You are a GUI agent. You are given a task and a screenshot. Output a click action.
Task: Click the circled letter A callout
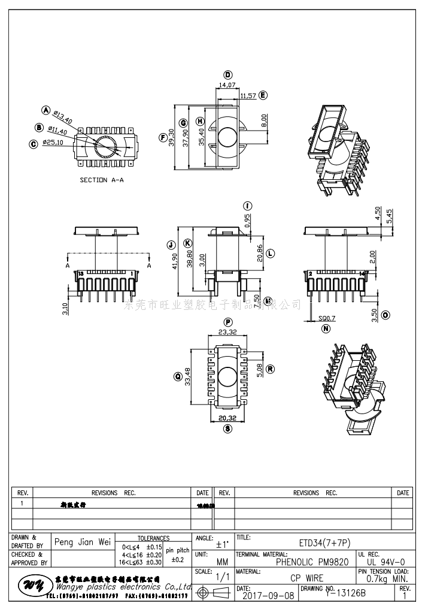pyautogui.click(x=45, y=110)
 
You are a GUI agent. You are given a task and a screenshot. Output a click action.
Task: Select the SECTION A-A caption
pyautogui.click(x=102, y=180)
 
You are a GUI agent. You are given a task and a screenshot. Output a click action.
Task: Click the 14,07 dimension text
pyautogui.click(x=227, y=86)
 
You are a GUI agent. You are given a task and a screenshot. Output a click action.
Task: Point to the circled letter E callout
pyautogui.click(x=263, y=95)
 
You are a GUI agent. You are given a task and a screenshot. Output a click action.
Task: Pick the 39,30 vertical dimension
pyautogui.click(x=172, y=137)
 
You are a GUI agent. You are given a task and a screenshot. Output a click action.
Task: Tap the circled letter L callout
pyautogui.click(x=270, y=254)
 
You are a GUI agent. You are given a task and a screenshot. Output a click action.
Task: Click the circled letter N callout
pyautogui.click(x=326, y=329)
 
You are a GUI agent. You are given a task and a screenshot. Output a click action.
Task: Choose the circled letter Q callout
pyautogui.click(x=177, y=376)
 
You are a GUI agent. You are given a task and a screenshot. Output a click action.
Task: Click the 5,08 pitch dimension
pyautogui.click(x=259, y=370)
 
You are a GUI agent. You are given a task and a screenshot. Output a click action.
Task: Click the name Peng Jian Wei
pyautogui.click(x=83, y=542)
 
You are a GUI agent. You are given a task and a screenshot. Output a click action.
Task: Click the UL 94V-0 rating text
pyautogui.click(x=387, y=562)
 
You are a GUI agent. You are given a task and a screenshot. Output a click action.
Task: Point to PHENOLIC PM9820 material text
pyautogui.click(x=312, y=562)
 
